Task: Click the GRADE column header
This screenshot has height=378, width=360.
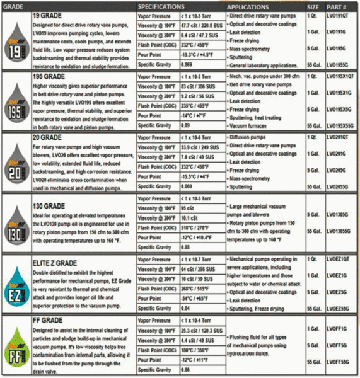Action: coord(16,5)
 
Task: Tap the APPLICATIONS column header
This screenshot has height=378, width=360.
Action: coord(252,5)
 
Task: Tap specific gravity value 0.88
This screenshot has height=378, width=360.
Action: coord(187,247)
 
